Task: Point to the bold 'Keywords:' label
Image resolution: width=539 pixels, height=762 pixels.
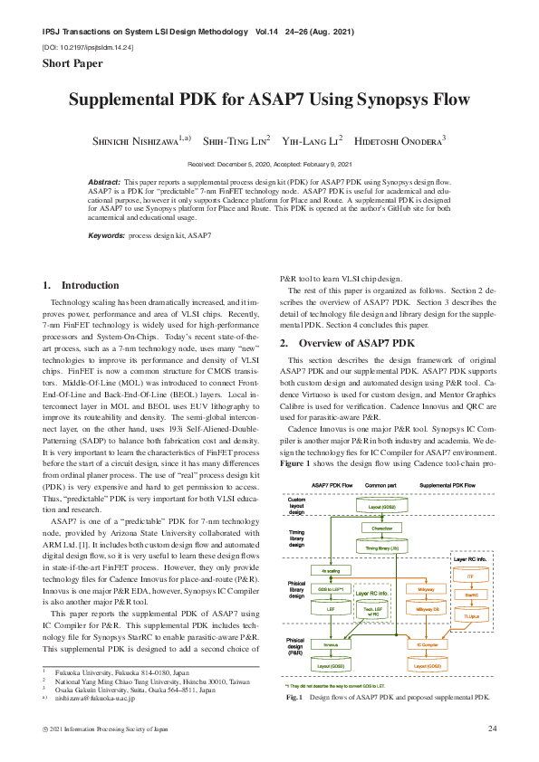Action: point(106,235)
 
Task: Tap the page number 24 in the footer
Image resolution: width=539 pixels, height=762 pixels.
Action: point(493,729)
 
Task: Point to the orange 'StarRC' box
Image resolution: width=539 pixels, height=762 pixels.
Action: point(470,595)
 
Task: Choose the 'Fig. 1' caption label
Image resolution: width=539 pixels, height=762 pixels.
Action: point(294,698)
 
